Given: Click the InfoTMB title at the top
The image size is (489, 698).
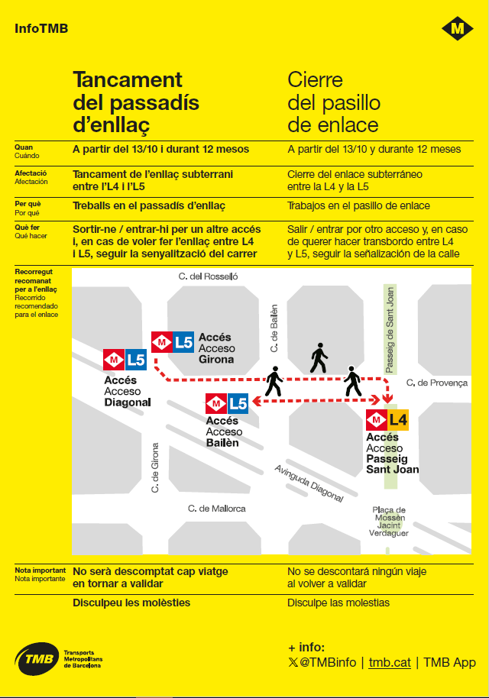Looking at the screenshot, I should (x=41, y=29).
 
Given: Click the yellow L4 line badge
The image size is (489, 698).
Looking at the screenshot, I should (x=399, y=419).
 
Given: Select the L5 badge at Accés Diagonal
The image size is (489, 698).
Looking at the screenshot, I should (x=136, y=359).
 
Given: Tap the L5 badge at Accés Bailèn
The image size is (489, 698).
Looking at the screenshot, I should (x=238, y=403).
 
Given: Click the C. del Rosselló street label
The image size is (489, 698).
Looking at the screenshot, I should (x=208, y=276).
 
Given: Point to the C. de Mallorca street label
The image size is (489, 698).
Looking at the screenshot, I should (x=217, y=508).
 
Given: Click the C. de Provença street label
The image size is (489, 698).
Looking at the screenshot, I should (x=436, y=383).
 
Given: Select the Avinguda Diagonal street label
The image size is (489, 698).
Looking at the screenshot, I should (x=309, y=484).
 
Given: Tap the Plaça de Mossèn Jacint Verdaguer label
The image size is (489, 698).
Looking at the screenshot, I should (x=389, y=522).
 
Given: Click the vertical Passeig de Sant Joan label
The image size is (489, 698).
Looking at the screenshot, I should (x=390, y=329).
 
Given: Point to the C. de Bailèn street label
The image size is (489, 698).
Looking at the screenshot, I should (x=274, y=328).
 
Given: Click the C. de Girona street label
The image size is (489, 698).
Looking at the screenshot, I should (x=155, y=467).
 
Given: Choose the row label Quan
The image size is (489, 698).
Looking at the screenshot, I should (x=24, y=147).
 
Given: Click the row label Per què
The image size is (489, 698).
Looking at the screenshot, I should (x=28, y=204).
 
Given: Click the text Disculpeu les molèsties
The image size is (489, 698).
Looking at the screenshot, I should (x=131, y=603).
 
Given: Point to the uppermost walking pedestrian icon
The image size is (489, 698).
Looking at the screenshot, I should (x=319, y=358).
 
